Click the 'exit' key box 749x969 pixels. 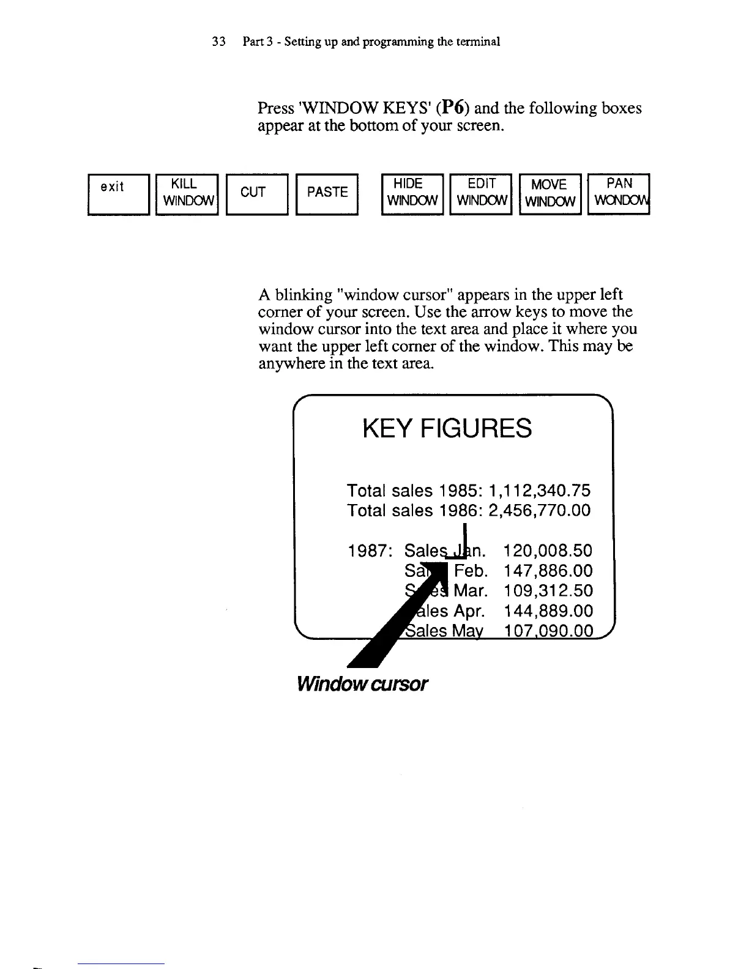pyautogui.click(x=119, y=194)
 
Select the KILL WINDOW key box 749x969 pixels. pyautogui.click(x=187, y=194)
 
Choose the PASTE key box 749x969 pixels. pyautogui.click(x=327, y=194)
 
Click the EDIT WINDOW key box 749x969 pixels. pyautogui.click(x=481, y=194)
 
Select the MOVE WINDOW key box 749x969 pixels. pyautogui.click(x=550, y=194)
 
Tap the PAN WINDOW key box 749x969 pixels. pyautogui.click(x=618, y=194)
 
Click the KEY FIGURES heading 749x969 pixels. pyautogui.click(x=447, y=428)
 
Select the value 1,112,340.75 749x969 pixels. pyautogui.click(x=540, y=491)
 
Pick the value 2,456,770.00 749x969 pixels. pyautogui.click(x=540, y=510)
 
